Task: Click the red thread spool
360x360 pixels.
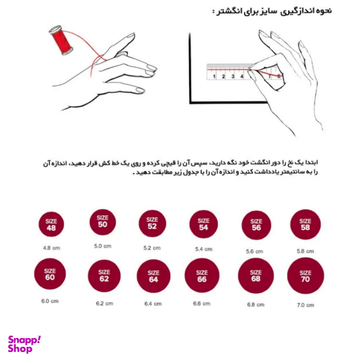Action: [62, 39]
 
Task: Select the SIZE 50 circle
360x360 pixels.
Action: [102, 221]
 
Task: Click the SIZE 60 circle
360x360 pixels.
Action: [50, 275]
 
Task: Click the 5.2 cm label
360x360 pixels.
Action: [152, 247]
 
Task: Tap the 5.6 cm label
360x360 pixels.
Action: [254, 251]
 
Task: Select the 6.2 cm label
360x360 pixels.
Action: [104, 304]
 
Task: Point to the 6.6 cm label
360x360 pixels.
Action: [202, 304]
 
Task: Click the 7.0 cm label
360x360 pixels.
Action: [305, 304]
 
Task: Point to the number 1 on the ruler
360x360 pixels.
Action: [214, 77]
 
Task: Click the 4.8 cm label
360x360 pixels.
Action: [51, 247]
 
